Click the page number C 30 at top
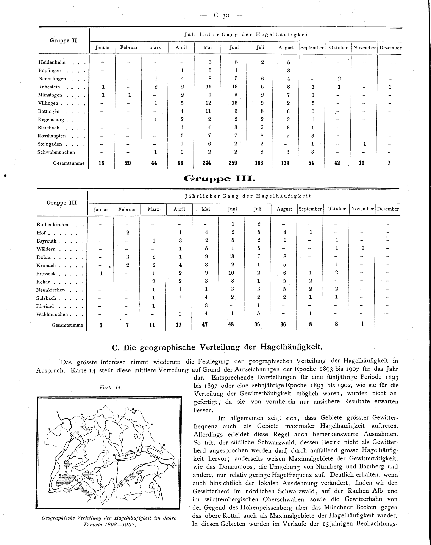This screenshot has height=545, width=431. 221,15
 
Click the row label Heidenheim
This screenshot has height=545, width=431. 52,62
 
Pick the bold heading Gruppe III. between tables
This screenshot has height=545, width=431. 220,179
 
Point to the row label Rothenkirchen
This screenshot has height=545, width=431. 53,225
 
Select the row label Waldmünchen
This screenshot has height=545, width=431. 52,315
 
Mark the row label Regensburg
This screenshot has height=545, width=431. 51,120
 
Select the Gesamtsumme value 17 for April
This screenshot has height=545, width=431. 178,325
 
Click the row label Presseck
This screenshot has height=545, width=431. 46,274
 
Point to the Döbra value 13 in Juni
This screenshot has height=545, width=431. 231,257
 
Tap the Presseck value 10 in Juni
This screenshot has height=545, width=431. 231,273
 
